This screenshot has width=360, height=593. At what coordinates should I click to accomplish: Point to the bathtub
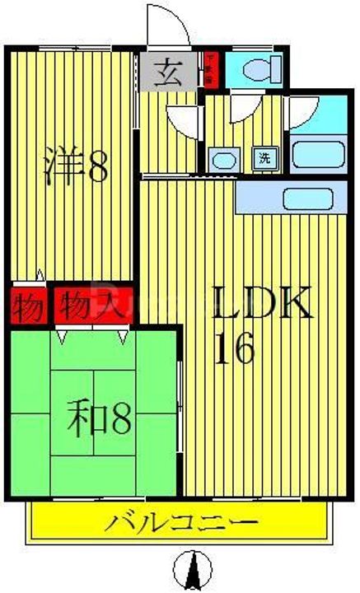point(317,153)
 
